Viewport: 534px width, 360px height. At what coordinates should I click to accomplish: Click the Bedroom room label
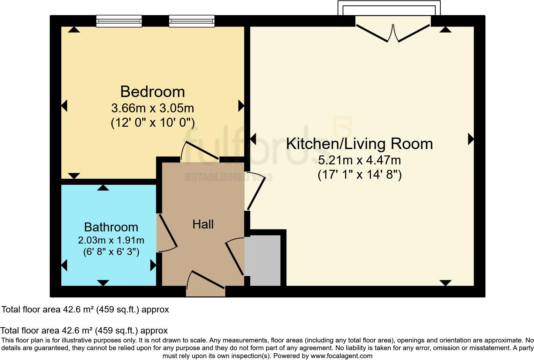coord(153,92)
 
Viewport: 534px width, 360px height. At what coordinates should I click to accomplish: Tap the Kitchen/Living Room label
coord(359,144)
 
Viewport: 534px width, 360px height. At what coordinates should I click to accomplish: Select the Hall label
coord(203,224)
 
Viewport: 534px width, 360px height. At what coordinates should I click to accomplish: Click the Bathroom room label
coord(111,227)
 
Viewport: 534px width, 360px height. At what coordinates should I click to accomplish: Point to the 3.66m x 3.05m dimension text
coord(153,108)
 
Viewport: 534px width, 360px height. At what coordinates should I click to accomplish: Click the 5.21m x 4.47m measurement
coord(359,160)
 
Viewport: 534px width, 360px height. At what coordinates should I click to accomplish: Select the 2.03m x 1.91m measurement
coord(111,240)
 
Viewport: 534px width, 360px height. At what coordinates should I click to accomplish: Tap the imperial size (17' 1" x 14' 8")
coord(359,175)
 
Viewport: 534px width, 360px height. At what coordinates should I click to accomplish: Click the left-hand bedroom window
coord(119,21)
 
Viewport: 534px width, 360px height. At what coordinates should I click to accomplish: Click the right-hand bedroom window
coord(192,21)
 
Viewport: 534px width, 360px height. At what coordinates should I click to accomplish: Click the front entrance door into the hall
coord(206,282)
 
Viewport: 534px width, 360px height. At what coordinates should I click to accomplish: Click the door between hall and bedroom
coord(200,151)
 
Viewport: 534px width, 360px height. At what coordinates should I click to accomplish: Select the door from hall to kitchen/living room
coord(256,191)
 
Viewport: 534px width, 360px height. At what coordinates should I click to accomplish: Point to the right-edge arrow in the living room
coord(470,139)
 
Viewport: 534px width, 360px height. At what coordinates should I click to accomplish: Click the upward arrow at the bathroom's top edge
coord(103,188)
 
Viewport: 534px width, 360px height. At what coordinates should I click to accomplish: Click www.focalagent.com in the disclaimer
coord(341,356)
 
